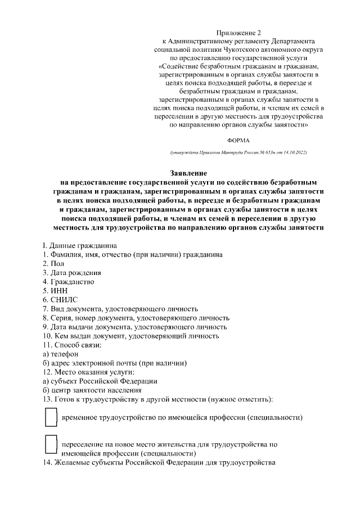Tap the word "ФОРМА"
point(238,138)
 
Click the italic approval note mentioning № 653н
point(238,153)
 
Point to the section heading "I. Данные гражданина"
point(79,245)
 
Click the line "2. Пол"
point(58,263)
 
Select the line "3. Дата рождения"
point(72,272)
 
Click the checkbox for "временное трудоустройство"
point(51,417)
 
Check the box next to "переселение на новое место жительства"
point(51,444)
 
